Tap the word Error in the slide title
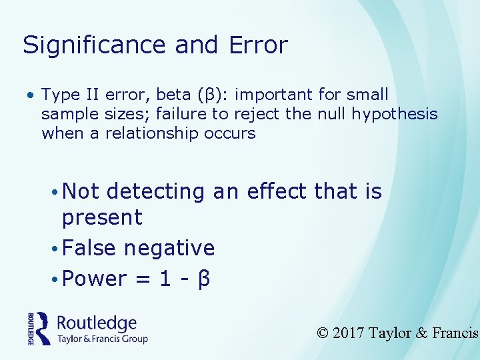[258, 45]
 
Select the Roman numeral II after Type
[90, 95]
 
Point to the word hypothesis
[399, 114]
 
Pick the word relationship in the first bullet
[151, 133]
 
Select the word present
[102, 217]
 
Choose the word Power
[94, 279]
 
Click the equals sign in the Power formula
[142, 279]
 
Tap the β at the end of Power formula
[204, 279]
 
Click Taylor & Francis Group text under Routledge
[102, 339]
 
